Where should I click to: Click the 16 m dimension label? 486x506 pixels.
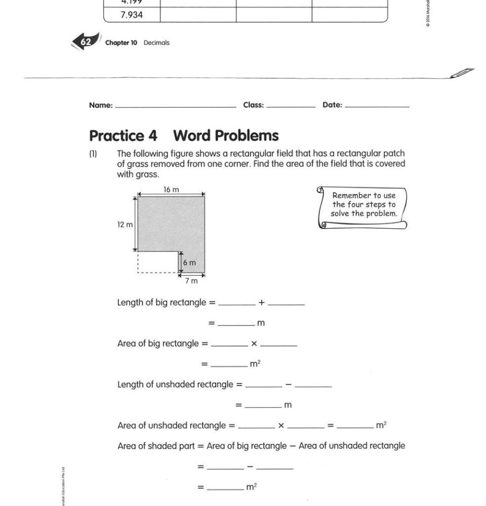171,190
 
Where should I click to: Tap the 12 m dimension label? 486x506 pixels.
125,225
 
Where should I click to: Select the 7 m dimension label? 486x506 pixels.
191,281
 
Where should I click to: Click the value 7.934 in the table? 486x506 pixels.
131,15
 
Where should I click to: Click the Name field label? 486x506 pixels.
100,105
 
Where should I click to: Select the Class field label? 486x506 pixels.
253,105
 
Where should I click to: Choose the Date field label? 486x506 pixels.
332,105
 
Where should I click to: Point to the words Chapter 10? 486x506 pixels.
121,43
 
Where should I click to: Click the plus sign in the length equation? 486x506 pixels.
261,303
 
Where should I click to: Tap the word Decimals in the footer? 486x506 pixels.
156,43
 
